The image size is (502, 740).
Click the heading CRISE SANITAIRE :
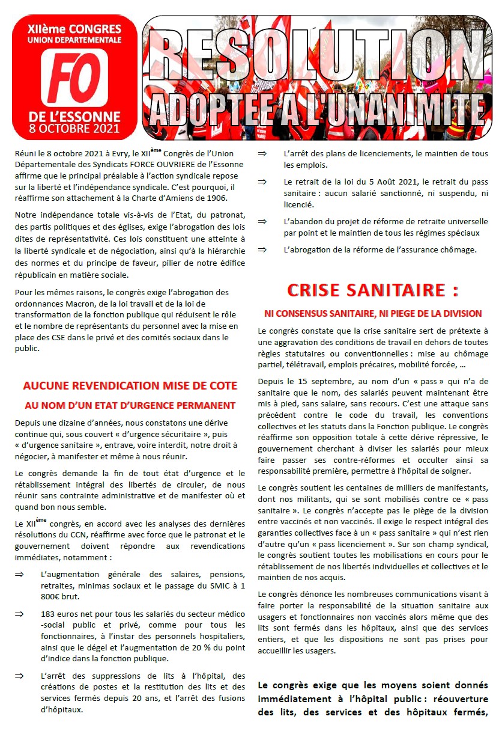coord(373,290)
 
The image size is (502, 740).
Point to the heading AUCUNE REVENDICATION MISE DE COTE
coord(130,386)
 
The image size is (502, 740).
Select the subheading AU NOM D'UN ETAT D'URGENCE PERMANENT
coord(130,405)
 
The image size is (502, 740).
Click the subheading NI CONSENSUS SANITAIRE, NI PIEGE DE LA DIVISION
coord(373,313)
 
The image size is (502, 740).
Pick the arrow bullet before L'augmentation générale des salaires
coord(19,574)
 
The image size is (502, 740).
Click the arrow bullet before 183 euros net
coord(19,614)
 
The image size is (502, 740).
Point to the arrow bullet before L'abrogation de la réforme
coord(262,249)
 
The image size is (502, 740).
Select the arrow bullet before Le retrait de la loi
coord(262,182)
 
